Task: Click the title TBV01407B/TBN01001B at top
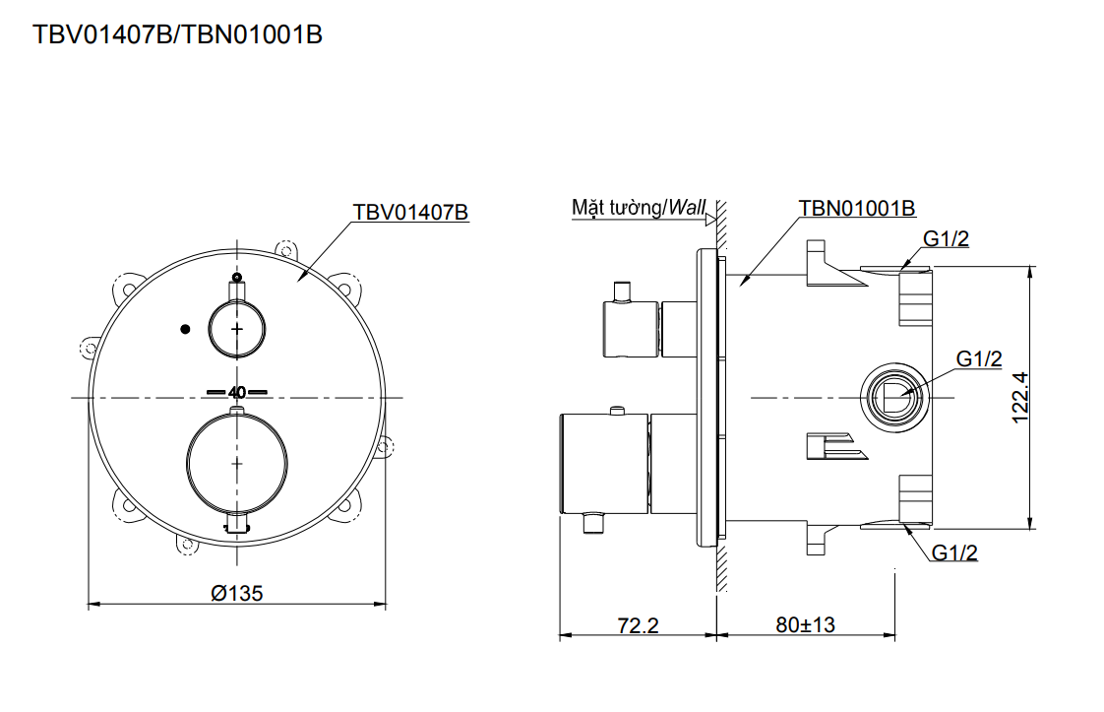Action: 178,34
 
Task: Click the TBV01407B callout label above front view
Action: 410,212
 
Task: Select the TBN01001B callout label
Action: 857,209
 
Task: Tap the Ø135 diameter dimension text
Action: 237,593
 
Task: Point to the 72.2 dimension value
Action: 638,625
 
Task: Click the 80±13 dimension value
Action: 804,625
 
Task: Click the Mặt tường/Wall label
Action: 639,208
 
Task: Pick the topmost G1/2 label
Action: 946,238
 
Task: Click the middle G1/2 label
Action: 979,359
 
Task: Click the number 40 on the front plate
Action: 236,391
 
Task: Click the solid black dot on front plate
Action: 183,329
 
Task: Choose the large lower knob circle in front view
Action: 236,462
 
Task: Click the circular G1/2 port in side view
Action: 892,397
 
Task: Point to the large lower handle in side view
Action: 603,464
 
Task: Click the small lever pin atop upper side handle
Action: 622,291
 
